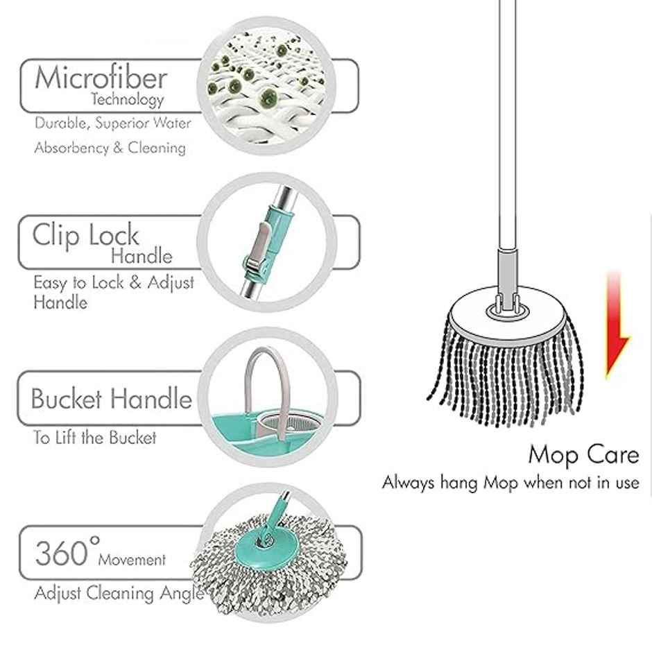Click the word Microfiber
coord(101,78)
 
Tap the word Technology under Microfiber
coord(128,100)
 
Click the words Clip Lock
coord(85,235)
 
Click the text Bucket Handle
coord(111,399)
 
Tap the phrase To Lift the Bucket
coord(95,438)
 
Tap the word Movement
coord(132,559)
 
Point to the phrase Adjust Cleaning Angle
coord(118,593)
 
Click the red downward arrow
coord(615,326)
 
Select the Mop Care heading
coord(583,455)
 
